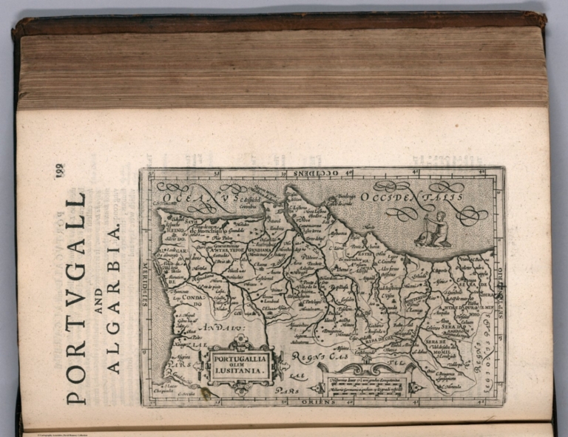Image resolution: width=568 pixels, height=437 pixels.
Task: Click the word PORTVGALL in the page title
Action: (76, 299)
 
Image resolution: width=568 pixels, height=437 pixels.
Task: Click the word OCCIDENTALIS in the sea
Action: (413, 197)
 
